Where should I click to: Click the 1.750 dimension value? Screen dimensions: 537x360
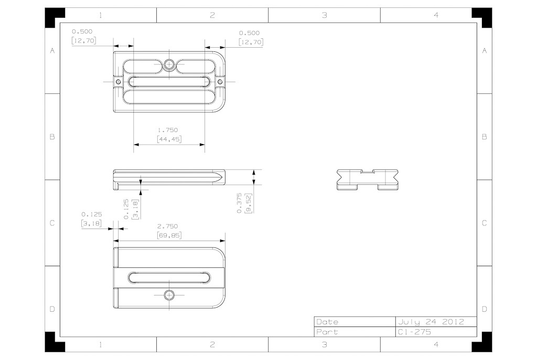coord(168,130)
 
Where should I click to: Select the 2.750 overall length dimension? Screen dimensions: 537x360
coord(168,226)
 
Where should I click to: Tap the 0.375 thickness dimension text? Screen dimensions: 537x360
coord(239,203)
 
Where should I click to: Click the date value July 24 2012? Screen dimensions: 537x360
coord(431,322)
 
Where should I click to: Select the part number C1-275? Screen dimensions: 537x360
coord(414,332)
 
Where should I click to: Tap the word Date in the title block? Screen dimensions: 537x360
coord(327,322)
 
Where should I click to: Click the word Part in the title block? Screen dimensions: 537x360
coord(327,332)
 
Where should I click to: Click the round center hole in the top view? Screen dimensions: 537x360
coord(169,64)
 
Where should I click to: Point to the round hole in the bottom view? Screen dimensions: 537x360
coord(169,295)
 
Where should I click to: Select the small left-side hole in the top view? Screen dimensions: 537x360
coord(119,82)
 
